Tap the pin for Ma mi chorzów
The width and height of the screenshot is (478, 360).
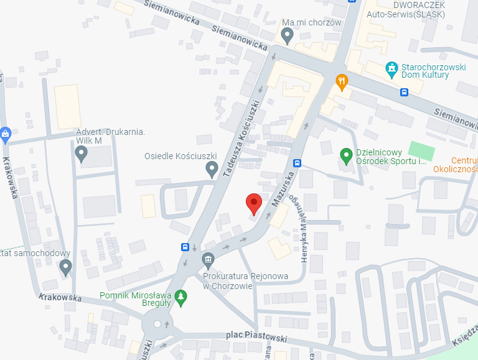pos(287,36)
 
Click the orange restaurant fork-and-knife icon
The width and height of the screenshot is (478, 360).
pos(342,80)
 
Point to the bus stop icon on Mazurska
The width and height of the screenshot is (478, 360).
pos(298,164)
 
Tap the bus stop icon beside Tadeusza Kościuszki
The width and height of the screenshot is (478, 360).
pos(185,246)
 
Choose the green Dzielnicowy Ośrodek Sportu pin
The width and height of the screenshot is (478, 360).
pos(346,154)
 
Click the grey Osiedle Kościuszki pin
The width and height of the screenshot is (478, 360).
pos(212,168)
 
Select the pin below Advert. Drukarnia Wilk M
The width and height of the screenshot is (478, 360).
pos(81,154)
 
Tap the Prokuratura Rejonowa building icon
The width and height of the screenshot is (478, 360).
pos(208,259)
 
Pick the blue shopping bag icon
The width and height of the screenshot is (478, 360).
pos(6,132)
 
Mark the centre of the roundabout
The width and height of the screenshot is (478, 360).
pos(157,324)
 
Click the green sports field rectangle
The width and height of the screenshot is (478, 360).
pos(423,151)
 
